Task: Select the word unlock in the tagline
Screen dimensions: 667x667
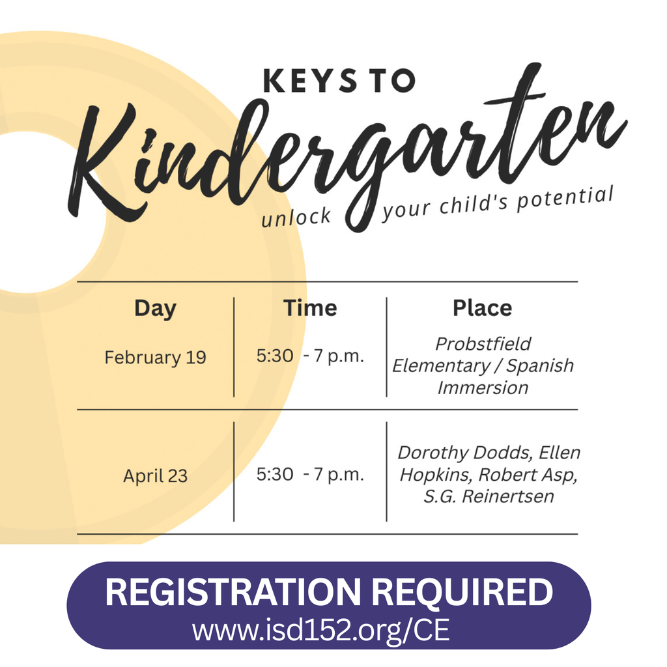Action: pos(296,216)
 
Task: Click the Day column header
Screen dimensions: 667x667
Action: pos(155,308)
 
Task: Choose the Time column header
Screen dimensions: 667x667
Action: pos(310,308)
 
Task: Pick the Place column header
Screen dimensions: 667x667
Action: pos(482,308)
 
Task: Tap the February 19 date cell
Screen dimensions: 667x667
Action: pos(155,358)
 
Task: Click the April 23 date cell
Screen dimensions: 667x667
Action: pos(155,476)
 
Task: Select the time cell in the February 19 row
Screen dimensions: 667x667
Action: pos(310,357)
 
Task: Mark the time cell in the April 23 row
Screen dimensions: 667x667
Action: pos(310,475)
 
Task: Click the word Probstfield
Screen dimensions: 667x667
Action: pos(483,344)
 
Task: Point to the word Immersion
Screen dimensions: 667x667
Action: pos(483,388)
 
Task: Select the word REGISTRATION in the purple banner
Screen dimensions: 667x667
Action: pos(232,593)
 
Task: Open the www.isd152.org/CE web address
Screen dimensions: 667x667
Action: pos(320,630)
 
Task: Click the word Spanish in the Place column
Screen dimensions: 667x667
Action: pos(540,366)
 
